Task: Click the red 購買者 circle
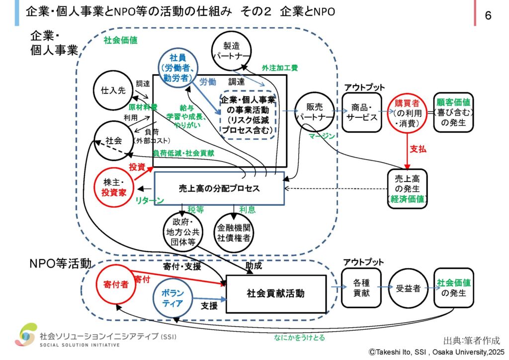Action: coord(407,113)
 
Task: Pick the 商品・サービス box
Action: coord(362,112)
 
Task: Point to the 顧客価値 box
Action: coord(453,112)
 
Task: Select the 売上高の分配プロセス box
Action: coord(219,188)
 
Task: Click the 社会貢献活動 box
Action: coord(276,293)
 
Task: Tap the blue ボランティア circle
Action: coord(172,297)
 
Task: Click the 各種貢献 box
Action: coord(361,287)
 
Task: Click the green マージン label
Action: coord(321,136)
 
